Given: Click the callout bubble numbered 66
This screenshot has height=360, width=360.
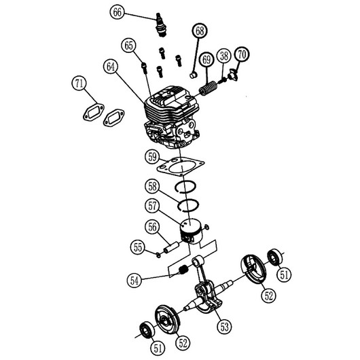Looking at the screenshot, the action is pyautogui.click(x=118, y=12).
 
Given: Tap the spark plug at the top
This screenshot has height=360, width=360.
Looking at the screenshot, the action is pyautogui.click(x=161, y=25).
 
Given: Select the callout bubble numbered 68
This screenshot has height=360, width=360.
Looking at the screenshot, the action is pyautogui.click(x=200, y=31).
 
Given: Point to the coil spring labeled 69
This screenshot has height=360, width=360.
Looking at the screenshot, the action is pyautogui.click(x=209, y=88).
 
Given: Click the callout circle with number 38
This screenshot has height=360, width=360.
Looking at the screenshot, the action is pyautogui.click(x=224, y=56).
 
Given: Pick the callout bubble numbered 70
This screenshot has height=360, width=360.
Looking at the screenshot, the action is pyautogui.click(x=242, y=54).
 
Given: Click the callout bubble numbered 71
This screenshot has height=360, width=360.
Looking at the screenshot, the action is pyautogui.click(x=79, y=83).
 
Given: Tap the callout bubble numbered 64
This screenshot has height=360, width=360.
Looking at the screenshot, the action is pyautogui.click(x=111, y=67).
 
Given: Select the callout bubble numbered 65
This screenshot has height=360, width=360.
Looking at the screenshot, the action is pyautogui.click(x=128, y=46).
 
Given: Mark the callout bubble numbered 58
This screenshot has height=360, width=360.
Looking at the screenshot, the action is pyautogui.click(x=152, y=186).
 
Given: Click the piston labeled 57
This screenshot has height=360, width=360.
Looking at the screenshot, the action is pyautogui.click(x=191, y=231).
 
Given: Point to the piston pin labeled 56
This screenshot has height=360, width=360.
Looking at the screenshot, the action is pyautogui.click(x=170, y=248).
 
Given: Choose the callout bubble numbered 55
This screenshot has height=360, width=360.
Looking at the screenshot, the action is pyautogui.click(x=138, y=247).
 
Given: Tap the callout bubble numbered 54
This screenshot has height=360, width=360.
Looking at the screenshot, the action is pyautogui.click(x=134, y=280).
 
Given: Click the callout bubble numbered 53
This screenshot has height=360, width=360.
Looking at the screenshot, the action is pyautogui.click(x=224, y=326).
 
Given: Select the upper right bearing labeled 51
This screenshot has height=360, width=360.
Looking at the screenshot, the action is pyautogui.click(x=275, y=257).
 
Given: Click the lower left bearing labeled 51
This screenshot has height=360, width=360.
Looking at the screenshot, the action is pyautogui.click(x=147, y=330).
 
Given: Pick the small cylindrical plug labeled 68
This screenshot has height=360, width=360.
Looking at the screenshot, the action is pyautogui.click(x=193, y=75).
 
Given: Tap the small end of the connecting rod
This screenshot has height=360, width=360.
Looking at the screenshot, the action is pyautogui.click(x=198, y=261).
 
